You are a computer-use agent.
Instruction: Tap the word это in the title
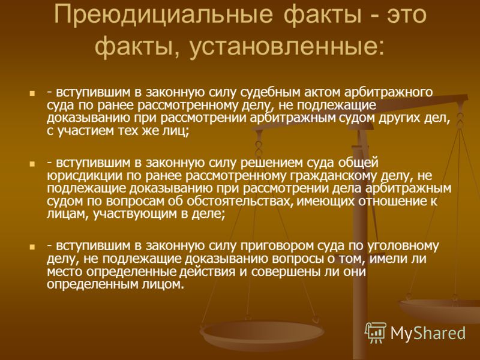coord(406,14)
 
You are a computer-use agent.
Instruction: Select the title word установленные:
coord(287,47)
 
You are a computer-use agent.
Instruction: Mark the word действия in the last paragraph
coord(207,272)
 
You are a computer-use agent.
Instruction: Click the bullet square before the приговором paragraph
coord(32,247)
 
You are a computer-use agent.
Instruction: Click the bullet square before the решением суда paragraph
coord(32,164)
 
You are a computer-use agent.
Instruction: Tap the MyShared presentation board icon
coord(376,332)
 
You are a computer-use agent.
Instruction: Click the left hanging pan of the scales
coord(262,334)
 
